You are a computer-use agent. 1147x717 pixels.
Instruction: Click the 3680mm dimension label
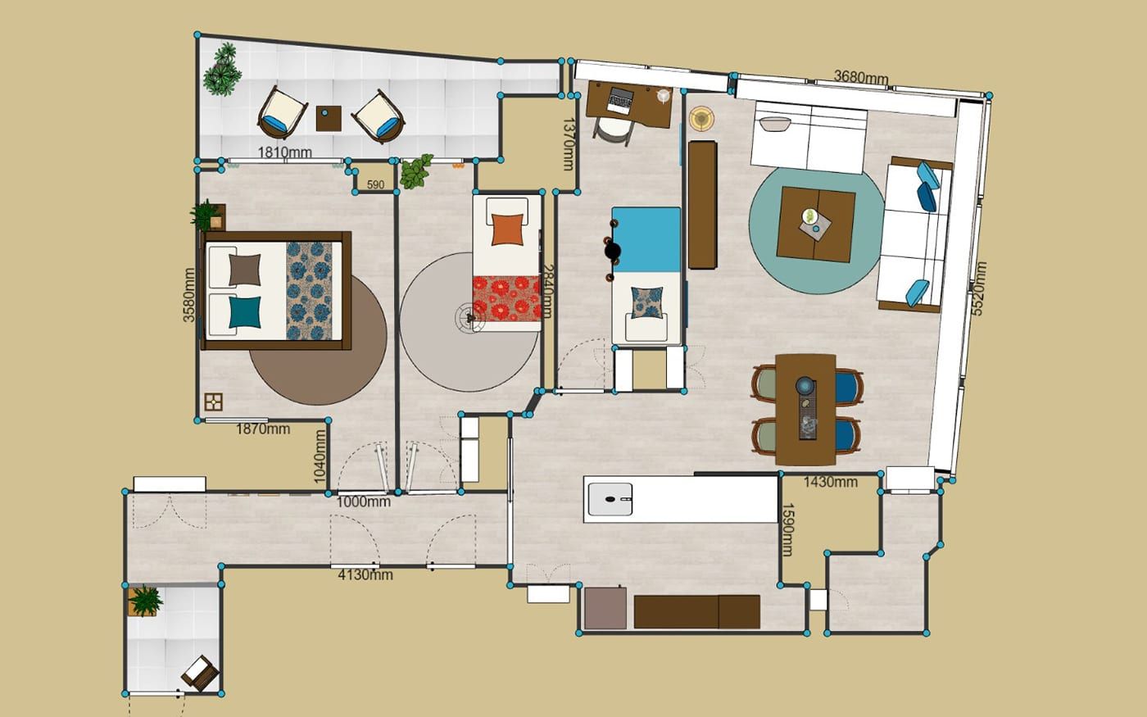click(x=861, y=77)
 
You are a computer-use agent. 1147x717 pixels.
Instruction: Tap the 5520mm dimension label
click(x=978, y=288)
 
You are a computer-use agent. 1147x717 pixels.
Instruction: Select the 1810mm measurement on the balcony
click(x=284, y=152)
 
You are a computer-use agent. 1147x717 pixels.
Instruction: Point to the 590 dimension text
click(x=375, y=184)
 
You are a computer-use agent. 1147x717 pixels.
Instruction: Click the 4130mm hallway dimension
click(x=365, y=574)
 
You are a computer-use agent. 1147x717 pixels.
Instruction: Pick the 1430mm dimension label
click(x=830, y=482)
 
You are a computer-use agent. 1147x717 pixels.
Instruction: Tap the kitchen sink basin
click(x=610, y=499)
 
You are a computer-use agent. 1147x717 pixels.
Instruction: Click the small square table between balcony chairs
click(x=329, y=118)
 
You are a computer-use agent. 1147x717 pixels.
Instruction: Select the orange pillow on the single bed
click(x=507, y=229)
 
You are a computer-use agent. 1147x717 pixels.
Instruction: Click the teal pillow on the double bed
click(x=245, y=312)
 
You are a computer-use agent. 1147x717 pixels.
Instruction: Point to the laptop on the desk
click(x=620, y=101)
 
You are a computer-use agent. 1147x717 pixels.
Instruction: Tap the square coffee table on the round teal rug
click(x=816, y=225)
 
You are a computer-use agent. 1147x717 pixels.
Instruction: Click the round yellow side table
click(x=701, y=118)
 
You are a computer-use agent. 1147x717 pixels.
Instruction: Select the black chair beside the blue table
click(x=613, y=251)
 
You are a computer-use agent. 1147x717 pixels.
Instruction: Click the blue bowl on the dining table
click(x=805, y=385)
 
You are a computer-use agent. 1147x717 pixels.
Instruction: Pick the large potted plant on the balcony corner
click(x=222, y=70)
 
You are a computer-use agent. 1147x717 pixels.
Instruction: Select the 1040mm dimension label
click(x=319, y=456)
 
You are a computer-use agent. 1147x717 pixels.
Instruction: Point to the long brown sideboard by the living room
click(x=702, y=205)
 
